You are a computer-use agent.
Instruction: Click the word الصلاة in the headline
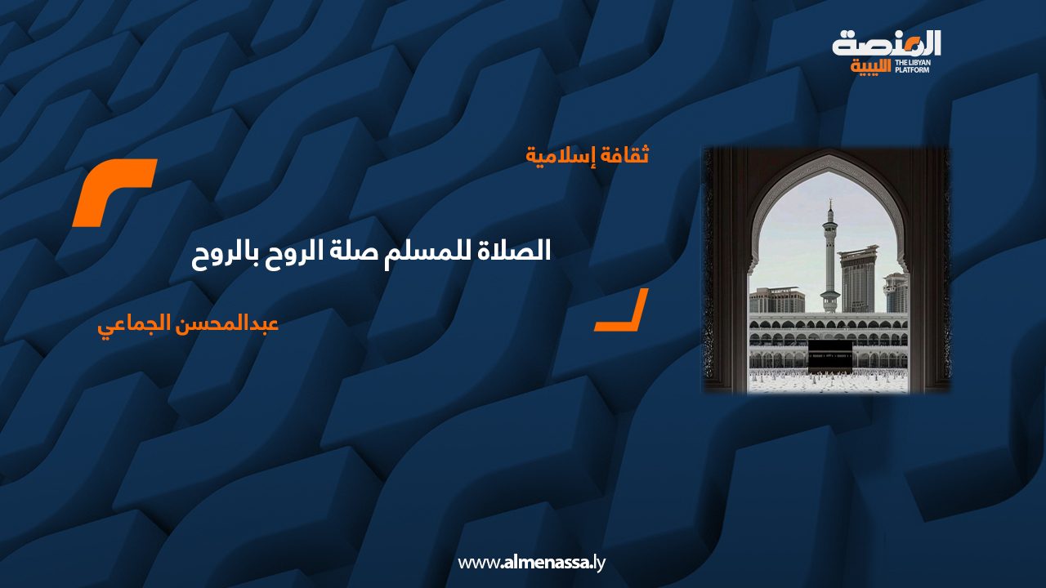click(521, 251)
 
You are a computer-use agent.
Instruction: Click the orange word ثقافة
click(622, 154)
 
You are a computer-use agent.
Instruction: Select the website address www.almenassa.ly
click(531, 563)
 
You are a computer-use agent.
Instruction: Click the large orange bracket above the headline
click(114, 192)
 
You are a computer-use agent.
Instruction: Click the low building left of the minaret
click(777, 300)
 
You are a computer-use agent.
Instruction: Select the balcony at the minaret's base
click(830, 293)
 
